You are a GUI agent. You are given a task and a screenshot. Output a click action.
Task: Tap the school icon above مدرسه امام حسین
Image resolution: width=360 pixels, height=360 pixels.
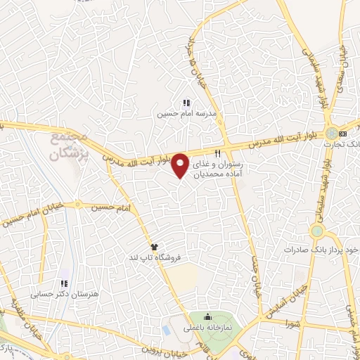[186, 103]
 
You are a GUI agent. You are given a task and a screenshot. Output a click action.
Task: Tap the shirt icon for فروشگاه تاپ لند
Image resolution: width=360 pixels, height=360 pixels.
[155, 246]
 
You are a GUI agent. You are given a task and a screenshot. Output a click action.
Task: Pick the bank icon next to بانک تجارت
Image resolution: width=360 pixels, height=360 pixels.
[342, 133]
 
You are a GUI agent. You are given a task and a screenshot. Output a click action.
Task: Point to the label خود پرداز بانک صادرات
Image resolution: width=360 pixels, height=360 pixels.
[323, 250]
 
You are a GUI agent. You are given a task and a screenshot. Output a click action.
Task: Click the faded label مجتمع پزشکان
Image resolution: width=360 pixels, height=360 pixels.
[70, 144]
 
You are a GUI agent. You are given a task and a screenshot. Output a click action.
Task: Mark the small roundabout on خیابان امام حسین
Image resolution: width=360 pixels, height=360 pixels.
[77, 206]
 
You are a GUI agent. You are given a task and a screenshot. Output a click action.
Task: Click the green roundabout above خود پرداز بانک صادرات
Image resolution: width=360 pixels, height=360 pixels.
[316, 231]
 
